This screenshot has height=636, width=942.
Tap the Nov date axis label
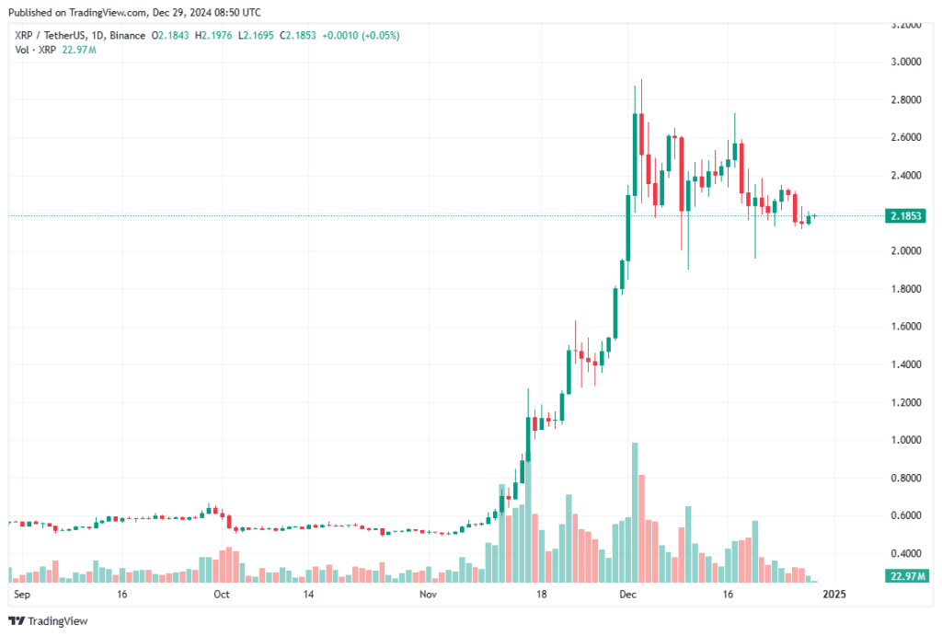click(428, 596)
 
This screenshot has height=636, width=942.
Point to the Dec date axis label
click(629, 596)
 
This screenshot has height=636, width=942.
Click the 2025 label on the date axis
click(833, 596)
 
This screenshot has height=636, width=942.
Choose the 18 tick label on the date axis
click(542, 596)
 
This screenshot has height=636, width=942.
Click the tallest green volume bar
click(634, 512)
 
